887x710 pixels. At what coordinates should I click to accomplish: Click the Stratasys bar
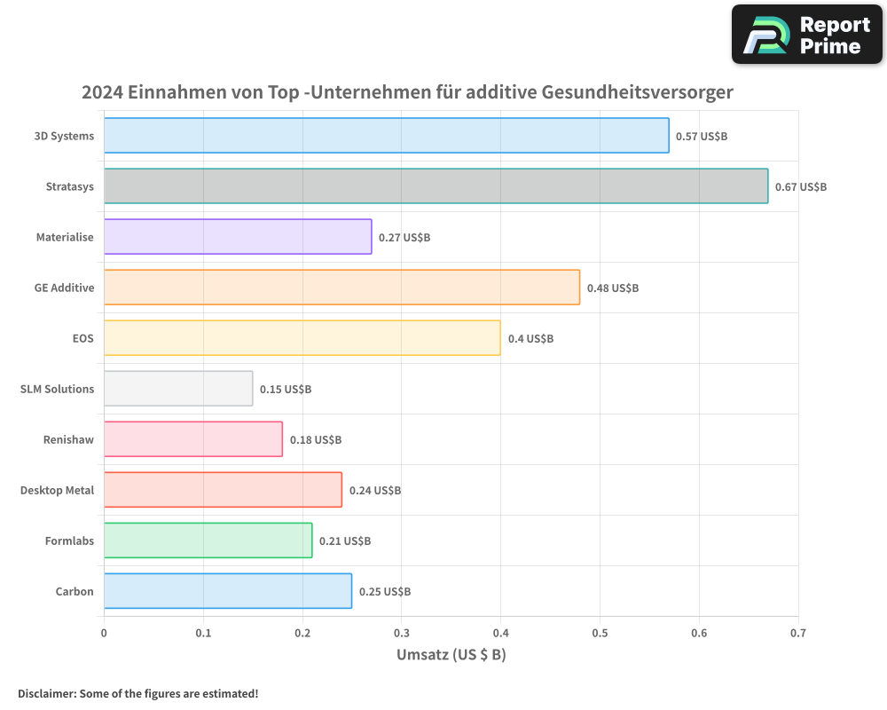pyautogui.click(x=436, y=186)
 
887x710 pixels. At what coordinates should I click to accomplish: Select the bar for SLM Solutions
pyautogui.click(x=178, y=389)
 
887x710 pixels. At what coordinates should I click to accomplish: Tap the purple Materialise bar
pyautogui.click(x=238, y=237)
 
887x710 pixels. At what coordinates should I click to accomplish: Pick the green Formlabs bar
pyautogui.click(x=208, y=540)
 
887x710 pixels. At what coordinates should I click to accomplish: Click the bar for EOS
pyautogui.click(x=302, y=338)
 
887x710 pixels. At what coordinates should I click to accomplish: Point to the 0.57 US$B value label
pyautogui.click(x=702, y=137)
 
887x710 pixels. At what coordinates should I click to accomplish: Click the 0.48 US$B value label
pyautogui.click(x=613, y=288)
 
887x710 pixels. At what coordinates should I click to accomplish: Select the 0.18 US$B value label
pyautogui.click(x=316, y=440)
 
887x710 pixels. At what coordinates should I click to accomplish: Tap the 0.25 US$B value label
pyautogui.click(x=385, y=592)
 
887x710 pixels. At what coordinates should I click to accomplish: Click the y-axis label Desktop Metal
pyautogui.click(x=57, y=491)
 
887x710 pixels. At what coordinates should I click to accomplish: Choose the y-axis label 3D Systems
pyautogui.click(x=64, y=137)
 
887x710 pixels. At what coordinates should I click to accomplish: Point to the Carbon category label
pyautogui.click(x=75, y=592)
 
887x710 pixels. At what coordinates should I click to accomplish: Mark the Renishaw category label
pyautogui.click(x=68, y=440)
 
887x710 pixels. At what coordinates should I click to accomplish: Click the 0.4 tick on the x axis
pyautogui.click(x=500, y=634)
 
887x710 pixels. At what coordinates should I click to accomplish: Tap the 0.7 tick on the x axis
pyautogui.click(x=797, y=634)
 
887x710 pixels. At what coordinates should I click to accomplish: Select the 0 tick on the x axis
pyautogui.click(x=104, y=634)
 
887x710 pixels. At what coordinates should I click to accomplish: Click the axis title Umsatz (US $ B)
pyautogui.click(x=451, y=655)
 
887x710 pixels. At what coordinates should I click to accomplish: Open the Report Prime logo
pyautogui.click(x=806, y=35)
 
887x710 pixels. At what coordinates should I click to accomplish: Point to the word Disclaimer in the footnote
pyautogui.click(x=46, y=693)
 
